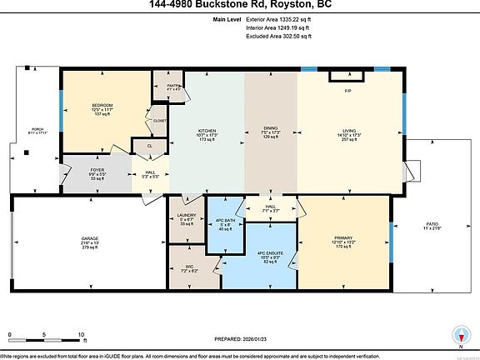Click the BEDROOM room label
pos(102,105)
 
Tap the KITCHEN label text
pos(207,131)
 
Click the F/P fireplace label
pos(347,90)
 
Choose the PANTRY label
pos(173,85)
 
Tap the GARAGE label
pos(89,238)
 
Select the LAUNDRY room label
pos(187,215)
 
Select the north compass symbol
pos(457,335)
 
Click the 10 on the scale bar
pos(81,335)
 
